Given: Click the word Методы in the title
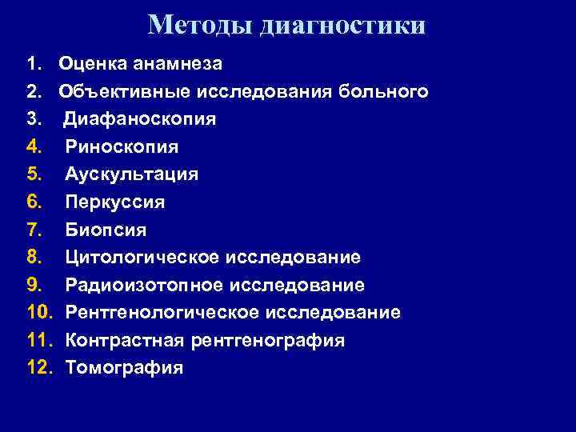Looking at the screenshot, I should (x=199, y=25).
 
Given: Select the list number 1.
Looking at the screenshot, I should (x=33, y=63).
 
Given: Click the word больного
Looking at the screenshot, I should (x=388, y=91).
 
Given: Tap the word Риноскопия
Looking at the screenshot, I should (x=122, y=147).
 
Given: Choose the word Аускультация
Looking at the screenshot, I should (x=131, y=174).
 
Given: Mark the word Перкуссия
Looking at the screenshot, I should (x=115, y=202).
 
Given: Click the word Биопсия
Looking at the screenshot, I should (x=106, y=230).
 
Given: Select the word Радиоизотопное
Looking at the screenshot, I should (x=145, y=286).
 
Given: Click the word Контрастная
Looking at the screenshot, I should (x=126, y=341).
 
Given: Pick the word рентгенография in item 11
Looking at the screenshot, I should (x=269, y=341).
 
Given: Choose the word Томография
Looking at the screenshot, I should (x=124, y=368).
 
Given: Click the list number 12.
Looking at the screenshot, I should (x=38, y=368).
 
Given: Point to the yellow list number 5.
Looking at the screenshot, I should (x=33, y=174).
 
